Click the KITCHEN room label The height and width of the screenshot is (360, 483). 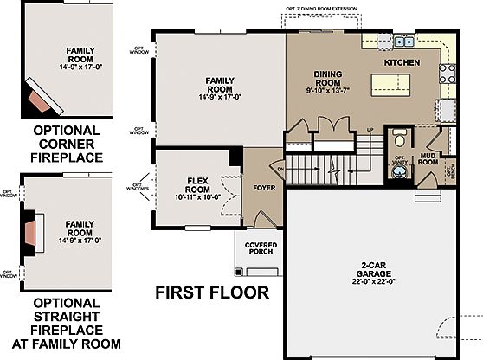402,63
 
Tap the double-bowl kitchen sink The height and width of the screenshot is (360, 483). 403,40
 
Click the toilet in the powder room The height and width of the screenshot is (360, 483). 399,138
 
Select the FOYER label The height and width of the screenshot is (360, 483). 263,184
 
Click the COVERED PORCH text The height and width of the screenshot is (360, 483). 261,248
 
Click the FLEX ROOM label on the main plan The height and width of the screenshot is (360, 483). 198,183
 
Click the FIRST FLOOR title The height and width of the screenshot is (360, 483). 212,292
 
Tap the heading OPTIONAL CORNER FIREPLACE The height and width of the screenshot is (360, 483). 67,144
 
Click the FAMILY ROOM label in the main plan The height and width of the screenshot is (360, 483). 220,85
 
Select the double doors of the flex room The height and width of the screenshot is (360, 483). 228,194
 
